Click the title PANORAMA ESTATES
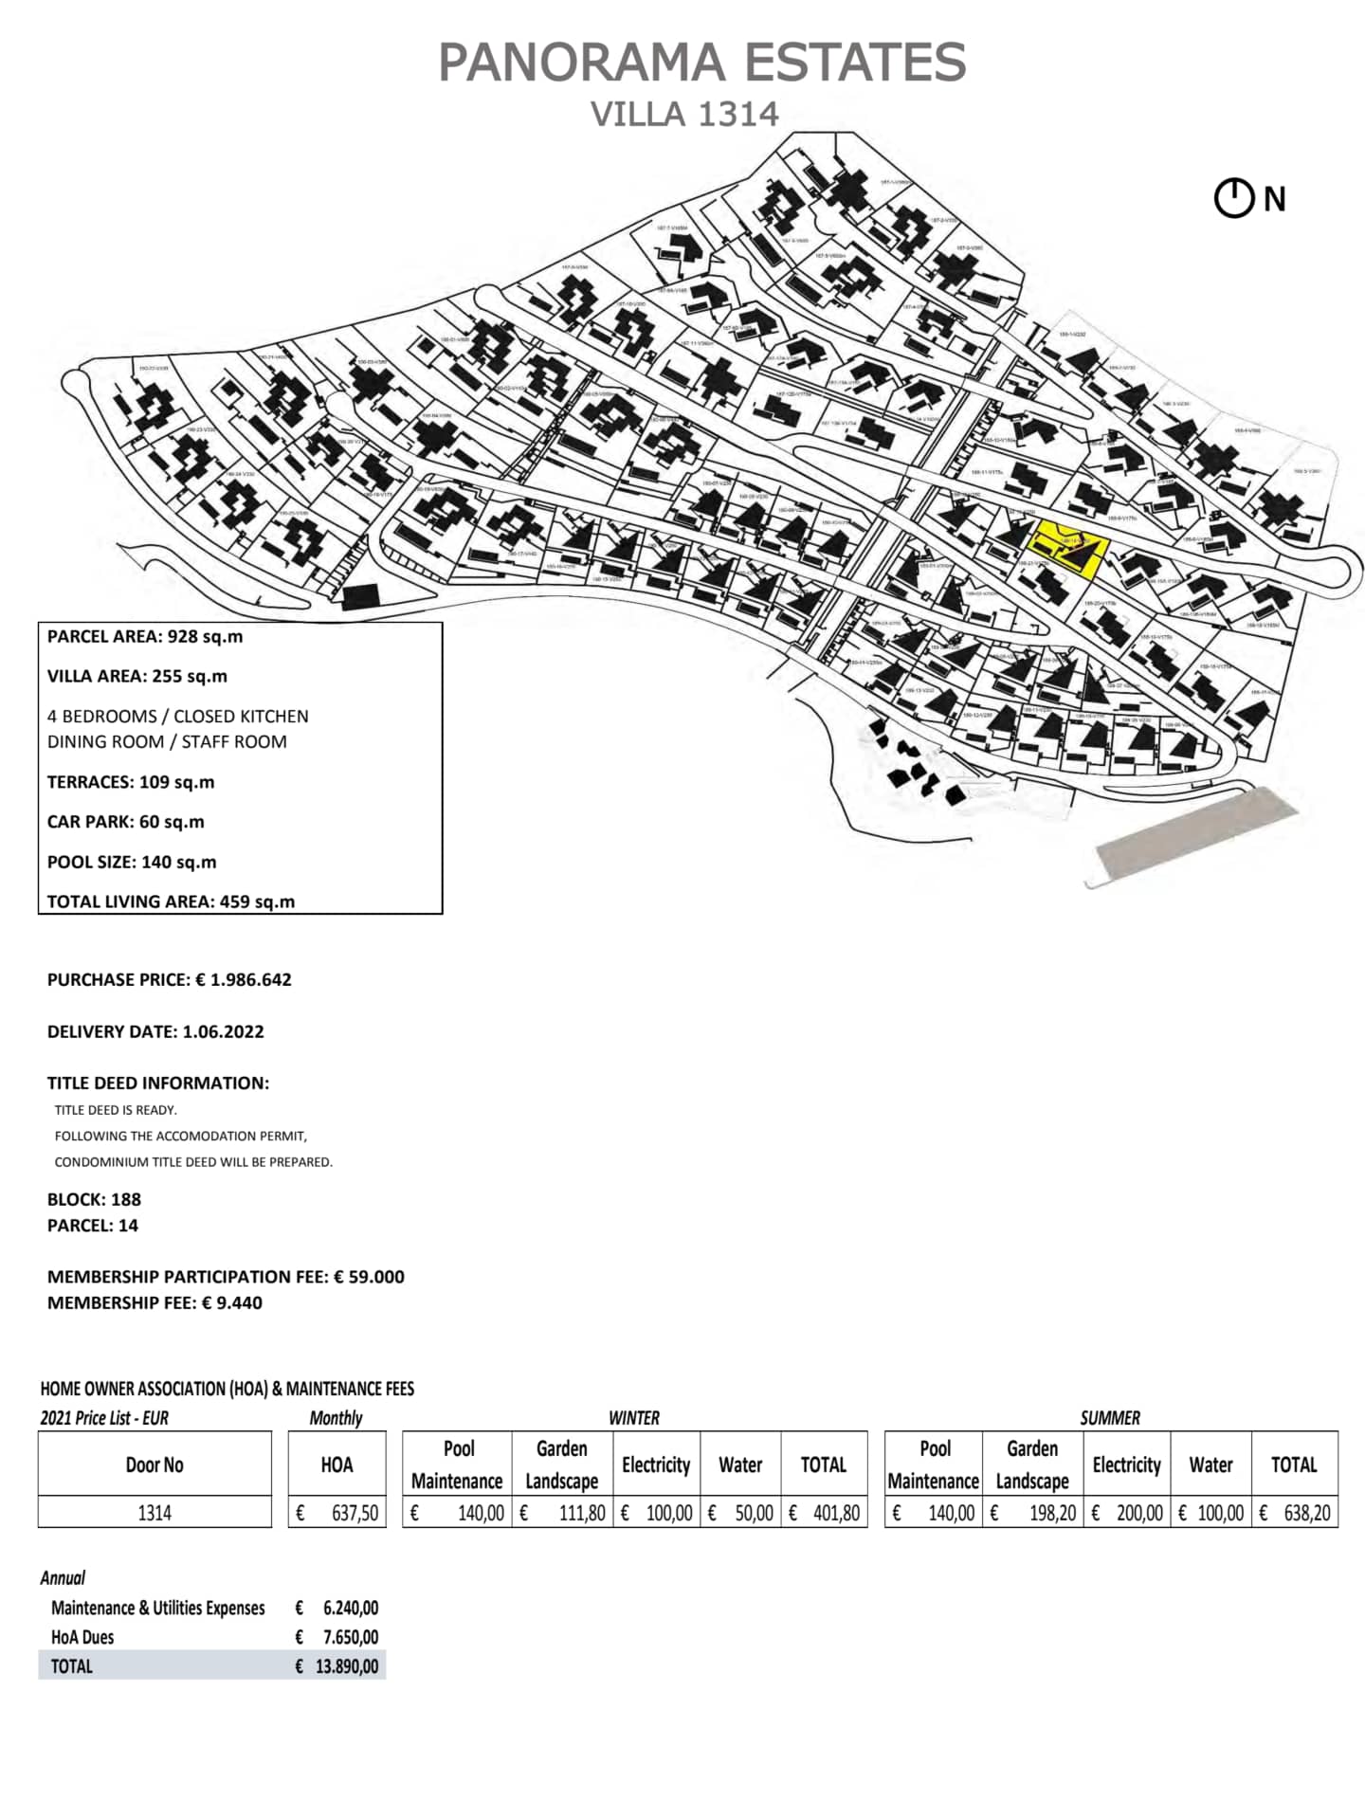click(701, 63)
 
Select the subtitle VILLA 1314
click(684, 115)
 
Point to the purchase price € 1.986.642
click(244, 980)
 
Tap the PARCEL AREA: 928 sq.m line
click(145, 637)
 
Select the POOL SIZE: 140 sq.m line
click(132, 863)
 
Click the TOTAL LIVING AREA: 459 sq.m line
click(171, 901)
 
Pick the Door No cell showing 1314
click(155, 1512)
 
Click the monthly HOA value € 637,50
click(337, 1512)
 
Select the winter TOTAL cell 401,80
click(825, 1512)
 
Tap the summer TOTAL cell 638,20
click(1295, 1512)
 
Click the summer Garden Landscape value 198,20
click(1033, 1512)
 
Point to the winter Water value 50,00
click(741, 1512)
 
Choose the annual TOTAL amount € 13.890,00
click(337, 1666)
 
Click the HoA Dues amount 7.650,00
click(337, 1637)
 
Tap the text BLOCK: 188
click(94, 1199)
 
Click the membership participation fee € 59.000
click(369, 1277)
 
